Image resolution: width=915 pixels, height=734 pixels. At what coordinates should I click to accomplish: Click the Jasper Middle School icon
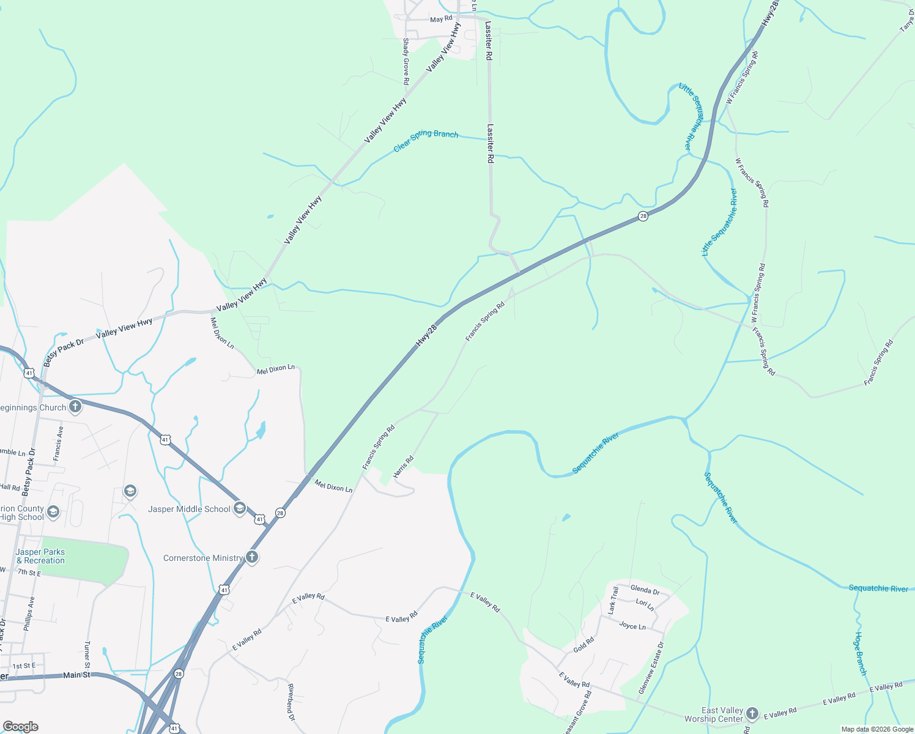(x=240, y=508)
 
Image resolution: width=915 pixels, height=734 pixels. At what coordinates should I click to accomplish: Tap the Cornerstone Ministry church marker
(x=251, y=557)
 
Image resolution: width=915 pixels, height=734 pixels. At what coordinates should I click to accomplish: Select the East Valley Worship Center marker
(x=752, y=714)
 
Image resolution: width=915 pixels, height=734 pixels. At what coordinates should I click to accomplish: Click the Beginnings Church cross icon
(x=75, y=407)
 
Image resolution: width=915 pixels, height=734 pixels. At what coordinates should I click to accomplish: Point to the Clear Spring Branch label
(x=426, y=141)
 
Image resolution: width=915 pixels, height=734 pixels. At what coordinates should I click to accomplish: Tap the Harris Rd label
(x=404, y=467)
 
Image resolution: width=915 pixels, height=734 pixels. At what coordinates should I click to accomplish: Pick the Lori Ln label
(x=645, y=604)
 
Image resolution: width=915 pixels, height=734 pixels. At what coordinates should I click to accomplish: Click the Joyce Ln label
(x=632, y=626)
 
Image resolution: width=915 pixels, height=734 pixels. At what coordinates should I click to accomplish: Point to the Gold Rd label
(x=583, y=645)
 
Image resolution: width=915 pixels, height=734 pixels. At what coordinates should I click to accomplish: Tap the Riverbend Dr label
(x=291, y=702)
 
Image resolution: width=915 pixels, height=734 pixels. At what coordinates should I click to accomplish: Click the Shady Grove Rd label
(x=406, y=61)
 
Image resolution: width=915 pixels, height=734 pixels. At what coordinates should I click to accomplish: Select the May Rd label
(x=441, y=20)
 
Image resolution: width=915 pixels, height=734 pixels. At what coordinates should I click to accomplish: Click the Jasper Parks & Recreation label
(x=40, y=556)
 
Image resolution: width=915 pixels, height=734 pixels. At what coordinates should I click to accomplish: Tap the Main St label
(x=77, y=675)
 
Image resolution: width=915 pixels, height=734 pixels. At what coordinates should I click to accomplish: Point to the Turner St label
(x=87, y=654)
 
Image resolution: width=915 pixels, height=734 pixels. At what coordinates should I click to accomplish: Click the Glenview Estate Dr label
(x=651, y=667)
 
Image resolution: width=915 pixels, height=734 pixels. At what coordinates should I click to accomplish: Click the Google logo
(x=20, y=726)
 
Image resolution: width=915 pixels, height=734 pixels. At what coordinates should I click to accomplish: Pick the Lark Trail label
(x=612, y=600)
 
